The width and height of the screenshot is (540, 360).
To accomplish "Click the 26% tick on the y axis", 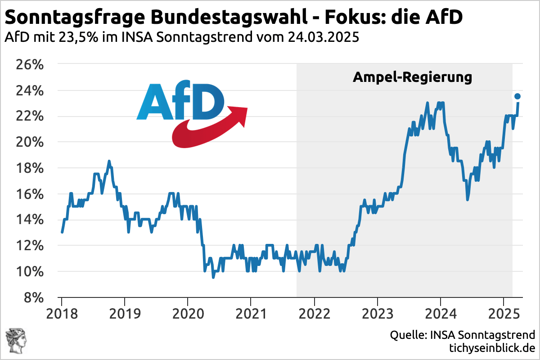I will tap(30, 65).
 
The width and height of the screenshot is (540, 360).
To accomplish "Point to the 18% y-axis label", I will tap(30, 168).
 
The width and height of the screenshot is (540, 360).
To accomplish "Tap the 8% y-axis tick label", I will tap(34, 297).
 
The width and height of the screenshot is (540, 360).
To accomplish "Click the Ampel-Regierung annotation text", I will tap(412, 77).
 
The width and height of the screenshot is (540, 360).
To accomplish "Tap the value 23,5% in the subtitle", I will tap(78, 37).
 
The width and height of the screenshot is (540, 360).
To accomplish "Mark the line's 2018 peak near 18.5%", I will tap(109, 161).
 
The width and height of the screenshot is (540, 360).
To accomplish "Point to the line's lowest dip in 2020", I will tap(213, 277).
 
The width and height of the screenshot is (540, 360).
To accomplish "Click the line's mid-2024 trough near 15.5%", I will tap(468, 199).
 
